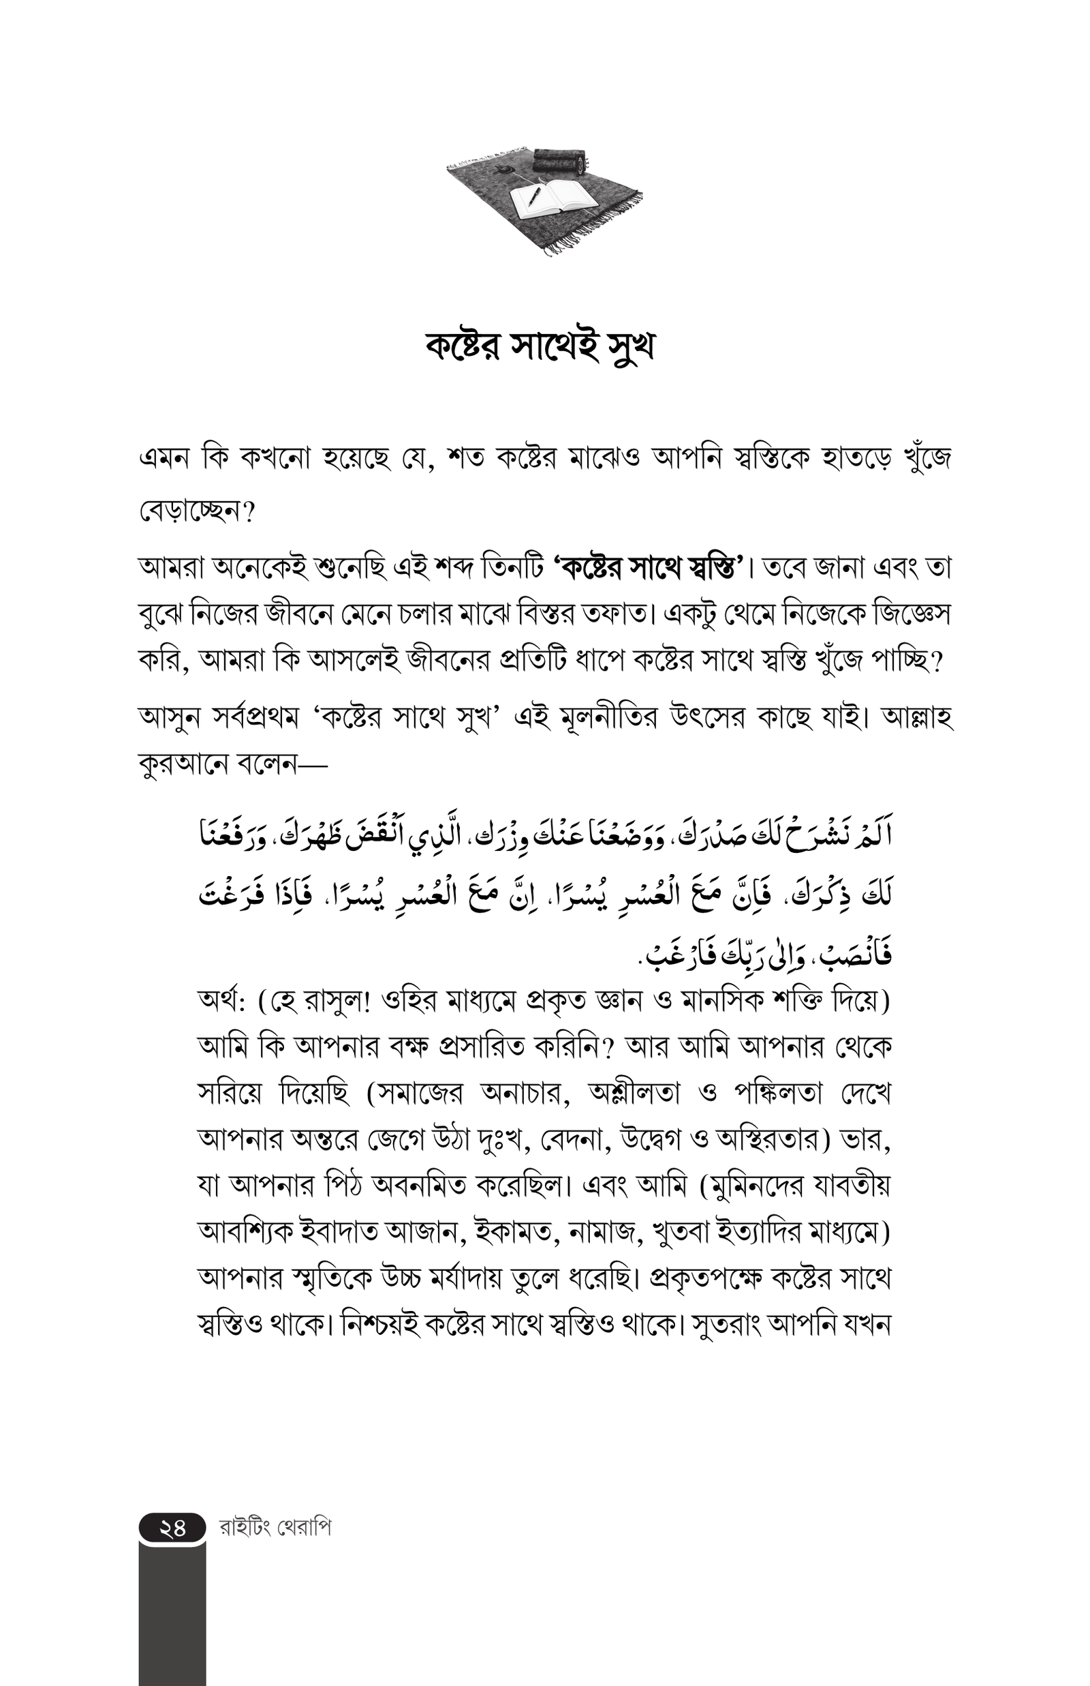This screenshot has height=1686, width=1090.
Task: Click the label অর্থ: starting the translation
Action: (x=221, y=1002)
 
